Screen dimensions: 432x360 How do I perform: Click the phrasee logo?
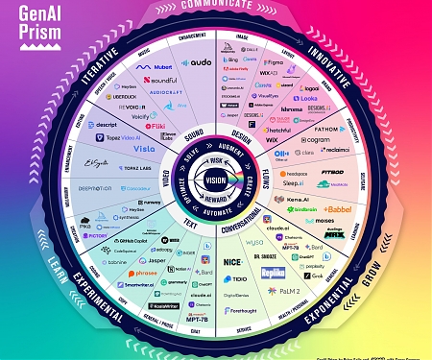coord(142,273)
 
